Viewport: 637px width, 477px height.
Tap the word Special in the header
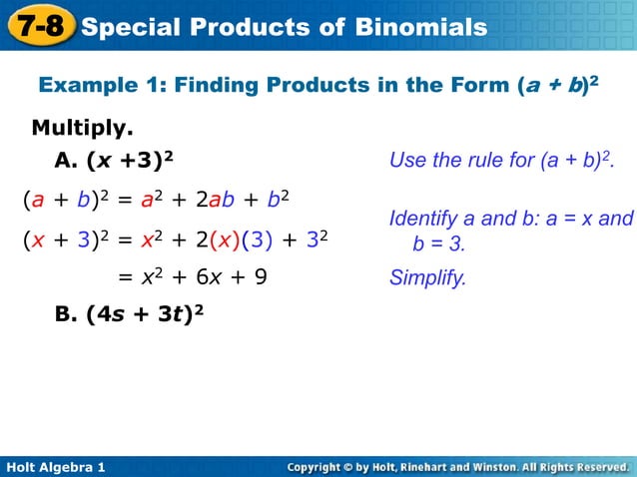click(x=131, y=27)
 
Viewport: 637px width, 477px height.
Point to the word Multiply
click(x=83, y=129)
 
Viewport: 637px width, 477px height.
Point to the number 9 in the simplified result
click(x=260, y=277)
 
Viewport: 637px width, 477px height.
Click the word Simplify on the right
click(x=427, y=277)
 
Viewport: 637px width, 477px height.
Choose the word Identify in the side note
click(x=423, y=219)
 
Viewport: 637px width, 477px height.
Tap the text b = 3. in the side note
click(x=439, y=243)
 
